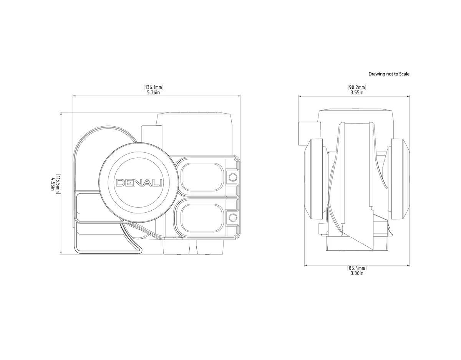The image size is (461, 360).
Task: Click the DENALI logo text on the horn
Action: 139,183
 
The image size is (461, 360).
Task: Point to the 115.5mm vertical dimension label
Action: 58,184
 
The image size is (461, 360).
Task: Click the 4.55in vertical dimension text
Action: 53,184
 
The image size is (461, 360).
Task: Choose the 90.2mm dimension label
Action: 357,88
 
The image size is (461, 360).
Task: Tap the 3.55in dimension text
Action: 357,92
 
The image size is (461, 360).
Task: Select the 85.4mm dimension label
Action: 357,268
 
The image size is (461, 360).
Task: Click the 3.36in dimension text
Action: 357,273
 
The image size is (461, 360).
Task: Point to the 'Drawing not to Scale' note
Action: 389,74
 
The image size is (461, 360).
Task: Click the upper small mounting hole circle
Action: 232,177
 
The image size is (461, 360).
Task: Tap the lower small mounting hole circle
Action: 232,218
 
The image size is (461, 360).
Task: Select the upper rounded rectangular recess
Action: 201,177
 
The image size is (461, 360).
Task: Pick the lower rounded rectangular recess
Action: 201,218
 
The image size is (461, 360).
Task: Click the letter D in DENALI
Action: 120,183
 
